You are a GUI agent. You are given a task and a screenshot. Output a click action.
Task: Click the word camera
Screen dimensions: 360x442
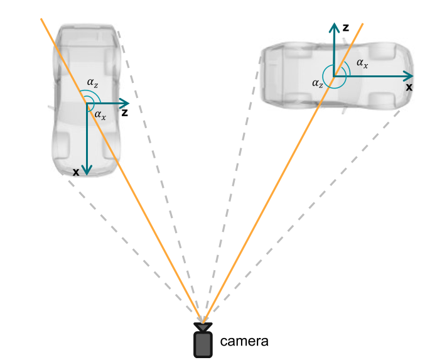(244, 342)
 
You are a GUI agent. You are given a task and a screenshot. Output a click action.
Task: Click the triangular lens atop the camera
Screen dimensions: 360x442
(202, 327)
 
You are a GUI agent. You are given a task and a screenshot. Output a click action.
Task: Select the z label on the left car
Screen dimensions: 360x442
(125, 113)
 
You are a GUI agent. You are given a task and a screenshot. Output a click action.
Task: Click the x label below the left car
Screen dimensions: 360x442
(75, 172)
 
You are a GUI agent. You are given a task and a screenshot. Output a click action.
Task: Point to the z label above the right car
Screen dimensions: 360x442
(345, 28)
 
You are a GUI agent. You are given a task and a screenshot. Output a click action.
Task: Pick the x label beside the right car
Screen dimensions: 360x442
(409, 87)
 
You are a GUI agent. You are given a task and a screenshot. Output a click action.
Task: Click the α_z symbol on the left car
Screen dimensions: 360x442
(92, 82)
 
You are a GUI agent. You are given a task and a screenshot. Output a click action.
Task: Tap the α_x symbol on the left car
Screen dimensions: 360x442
(100, 115)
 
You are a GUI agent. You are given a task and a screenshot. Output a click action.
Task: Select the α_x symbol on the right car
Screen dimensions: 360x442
(362, 63)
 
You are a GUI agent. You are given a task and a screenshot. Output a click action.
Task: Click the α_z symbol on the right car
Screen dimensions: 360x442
(318, 82)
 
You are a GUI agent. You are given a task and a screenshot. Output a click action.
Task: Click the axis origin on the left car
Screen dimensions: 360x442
(87, 103)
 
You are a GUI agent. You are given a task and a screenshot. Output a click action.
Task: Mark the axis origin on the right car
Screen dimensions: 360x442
(333, 76)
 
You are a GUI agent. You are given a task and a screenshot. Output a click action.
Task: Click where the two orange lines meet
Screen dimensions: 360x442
(202, 320)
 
